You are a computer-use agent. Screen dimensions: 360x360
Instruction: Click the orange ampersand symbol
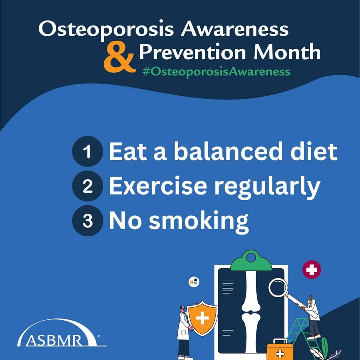[x=119, y=57]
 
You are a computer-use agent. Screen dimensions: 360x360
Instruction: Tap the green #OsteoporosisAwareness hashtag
[x=216, y=72]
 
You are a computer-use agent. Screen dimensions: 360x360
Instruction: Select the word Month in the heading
[x=287, y=52]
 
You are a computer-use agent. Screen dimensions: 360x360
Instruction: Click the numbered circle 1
[x=87, y=151]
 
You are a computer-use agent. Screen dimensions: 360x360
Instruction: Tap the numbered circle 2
[x=87, y=186]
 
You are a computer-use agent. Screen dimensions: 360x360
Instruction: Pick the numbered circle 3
[x=87, y=221]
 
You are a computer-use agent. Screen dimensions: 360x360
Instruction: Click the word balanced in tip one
[x=228, y=151]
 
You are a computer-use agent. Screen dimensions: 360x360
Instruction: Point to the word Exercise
[x=158, y=186]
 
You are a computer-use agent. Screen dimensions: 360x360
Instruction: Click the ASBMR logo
[x=62, y=333]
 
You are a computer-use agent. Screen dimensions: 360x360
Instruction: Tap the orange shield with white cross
[x=202, y=318]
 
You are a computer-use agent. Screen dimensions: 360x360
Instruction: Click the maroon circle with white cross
[x=312, y=270]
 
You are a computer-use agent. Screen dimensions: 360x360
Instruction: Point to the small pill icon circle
[x=194, y=282]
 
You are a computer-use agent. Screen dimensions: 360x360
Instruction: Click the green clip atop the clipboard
[x=251, y=261]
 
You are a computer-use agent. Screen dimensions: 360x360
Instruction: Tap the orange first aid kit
[x=280, y=350]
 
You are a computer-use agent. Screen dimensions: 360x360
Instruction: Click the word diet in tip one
[x=314, y=151]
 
